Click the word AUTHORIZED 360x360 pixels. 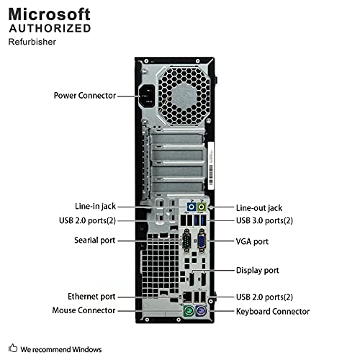point(50,29)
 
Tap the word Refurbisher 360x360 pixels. point(32,42)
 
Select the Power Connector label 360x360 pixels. point(84,95)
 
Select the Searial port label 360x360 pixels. point(94,240)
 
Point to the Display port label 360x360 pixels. point(258,270)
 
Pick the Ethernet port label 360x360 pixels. point(91,296)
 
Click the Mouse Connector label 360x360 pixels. point(84,310)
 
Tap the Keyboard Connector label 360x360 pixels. point(273,311)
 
